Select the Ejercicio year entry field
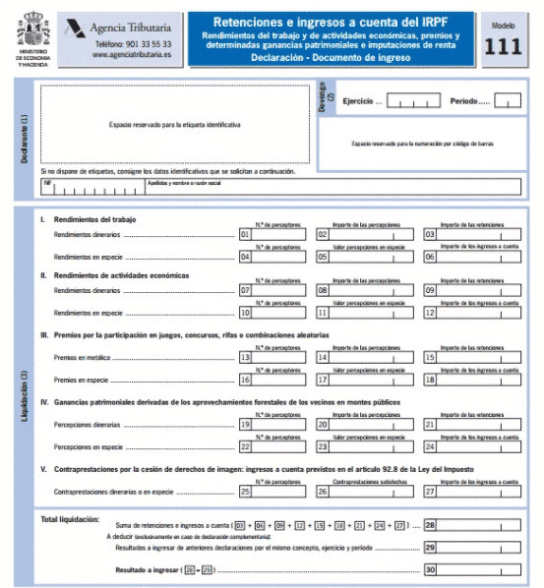[414, 100]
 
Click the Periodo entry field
[508, 100]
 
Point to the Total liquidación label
[70, 519]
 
